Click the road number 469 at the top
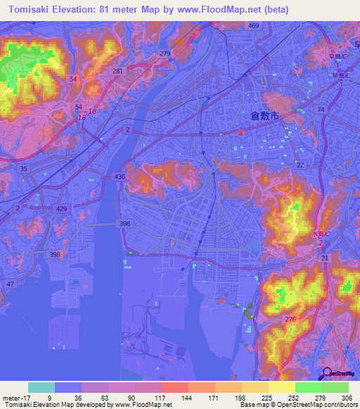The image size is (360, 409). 253,26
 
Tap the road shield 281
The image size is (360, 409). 117,71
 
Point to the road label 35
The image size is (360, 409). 24,169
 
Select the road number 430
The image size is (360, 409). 120,176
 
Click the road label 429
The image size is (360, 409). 43,210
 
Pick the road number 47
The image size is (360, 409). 10,283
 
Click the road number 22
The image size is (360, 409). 300,164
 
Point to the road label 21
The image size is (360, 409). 324,259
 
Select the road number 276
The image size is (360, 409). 290,320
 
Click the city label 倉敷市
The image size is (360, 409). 265,117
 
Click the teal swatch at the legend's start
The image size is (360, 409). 41,387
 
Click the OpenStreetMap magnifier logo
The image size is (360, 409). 328,375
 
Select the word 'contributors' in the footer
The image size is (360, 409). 339,405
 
